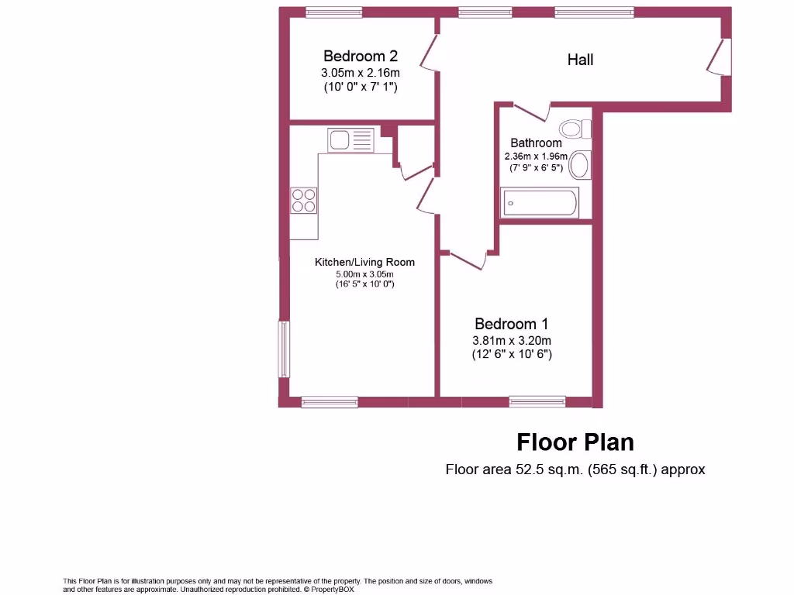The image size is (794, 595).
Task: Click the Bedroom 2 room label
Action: click(x=361, y=56)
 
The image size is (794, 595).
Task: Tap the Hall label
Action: click(x=580, y=60)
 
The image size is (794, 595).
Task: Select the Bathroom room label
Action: click(x=536, y=143)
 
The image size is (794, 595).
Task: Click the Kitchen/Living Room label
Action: click(x=364, y=262)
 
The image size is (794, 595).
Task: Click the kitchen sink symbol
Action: click(x=350, y=140)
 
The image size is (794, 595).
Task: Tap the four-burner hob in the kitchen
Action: click(x=304, y=201)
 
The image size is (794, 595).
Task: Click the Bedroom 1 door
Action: click(x=468, y=260)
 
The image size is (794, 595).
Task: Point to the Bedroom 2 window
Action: click(x=333, y=12)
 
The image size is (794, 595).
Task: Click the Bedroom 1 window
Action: click(x=537, y=401)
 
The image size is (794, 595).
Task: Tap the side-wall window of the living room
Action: click(x=284, y=349)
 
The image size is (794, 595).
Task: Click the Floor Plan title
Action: click(x=575, y=442)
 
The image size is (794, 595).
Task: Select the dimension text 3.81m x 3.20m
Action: click(x=512, y=340)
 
